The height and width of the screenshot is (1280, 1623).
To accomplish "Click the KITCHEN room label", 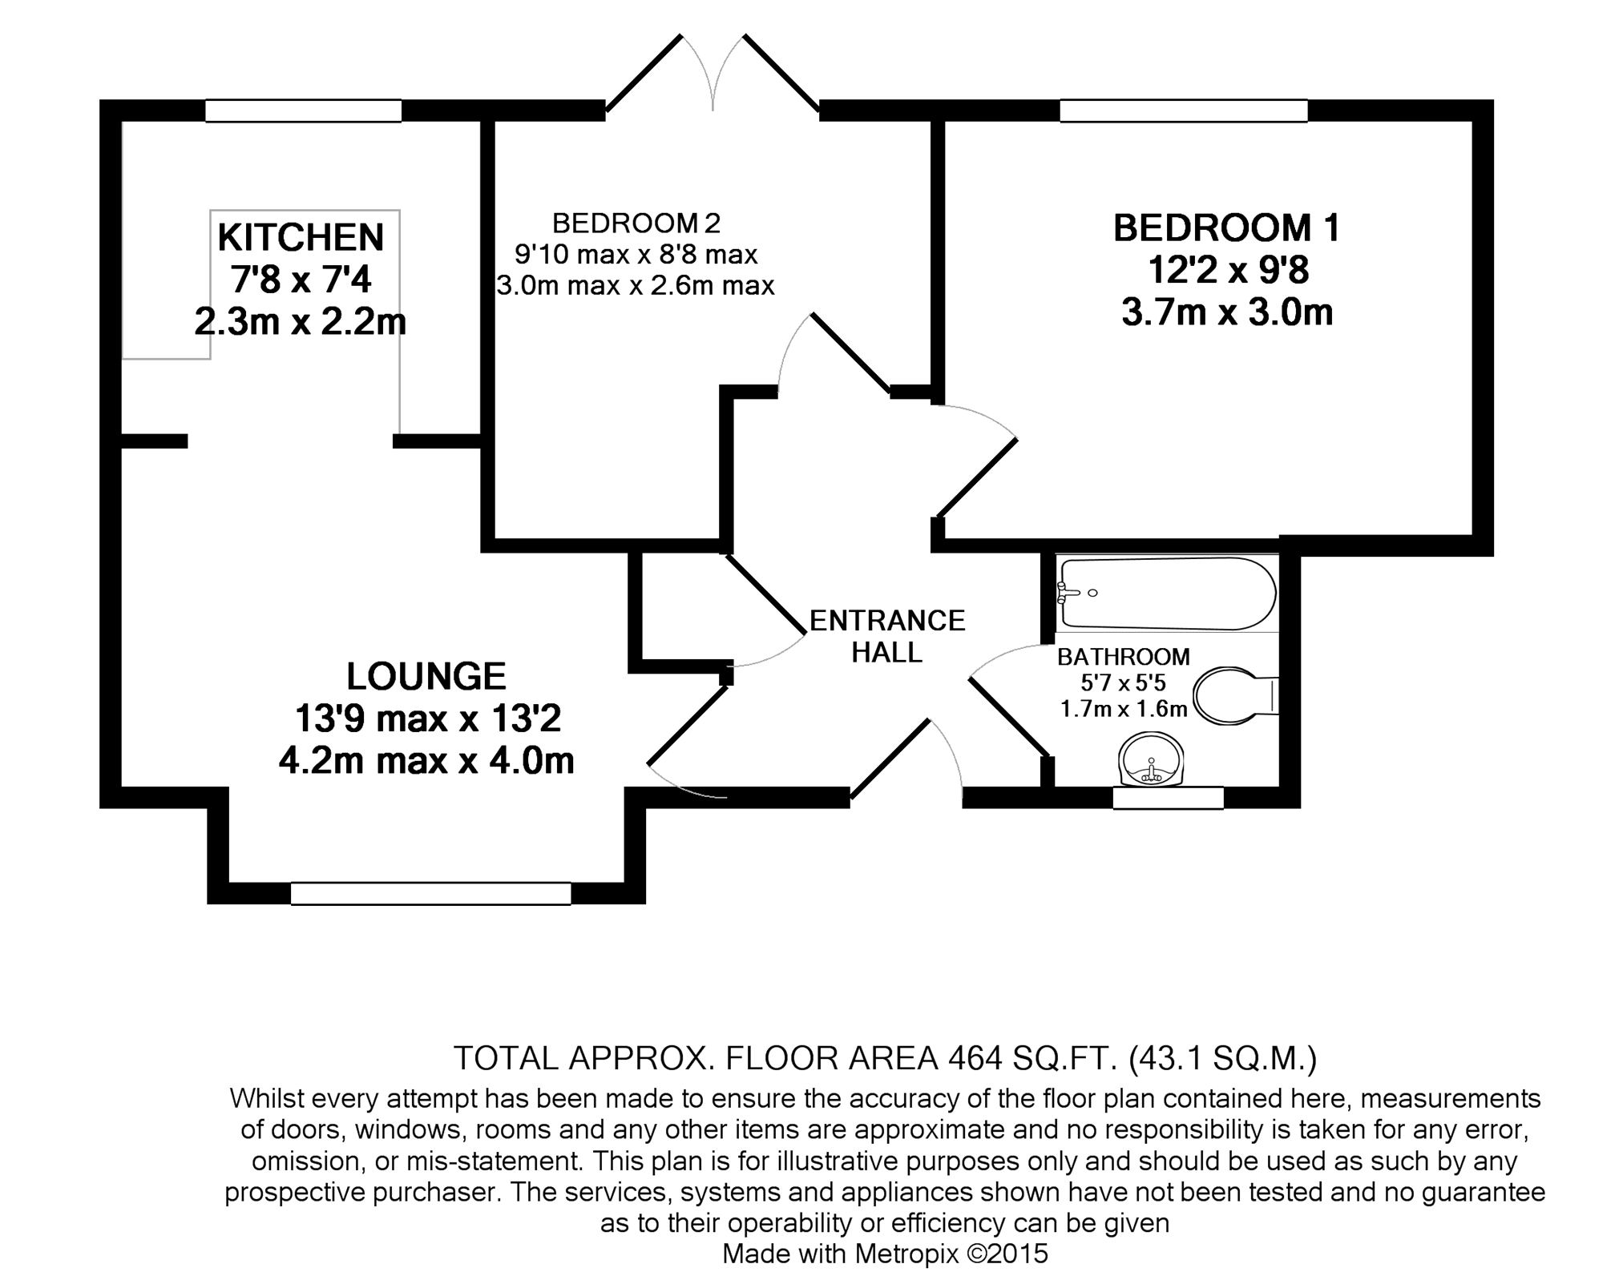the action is tap(301, 237).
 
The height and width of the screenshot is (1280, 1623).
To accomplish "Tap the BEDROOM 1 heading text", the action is tap(1226, 228).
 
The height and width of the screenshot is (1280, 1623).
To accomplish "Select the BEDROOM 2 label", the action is tap(636, 223).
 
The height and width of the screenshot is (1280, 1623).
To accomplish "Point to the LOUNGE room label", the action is tap(426, 677).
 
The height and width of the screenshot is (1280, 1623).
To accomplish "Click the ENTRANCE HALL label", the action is tap(887, 637).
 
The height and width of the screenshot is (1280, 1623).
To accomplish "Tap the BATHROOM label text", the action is tap(1124, 657).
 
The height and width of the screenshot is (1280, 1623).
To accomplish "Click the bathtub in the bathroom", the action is tap(1167, 594).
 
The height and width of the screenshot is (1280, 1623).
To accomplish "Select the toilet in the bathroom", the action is tap(1235, 696).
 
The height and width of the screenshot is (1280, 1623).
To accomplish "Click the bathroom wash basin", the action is tap(1151, 761).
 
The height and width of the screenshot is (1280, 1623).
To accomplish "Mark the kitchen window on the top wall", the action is tap(303, 111).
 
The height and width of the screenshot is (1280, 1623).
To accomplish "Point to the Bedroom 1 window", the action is tap(1183, 111).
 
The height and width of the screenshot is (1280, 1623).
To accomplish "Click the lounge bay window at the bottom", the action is tap(430, 893).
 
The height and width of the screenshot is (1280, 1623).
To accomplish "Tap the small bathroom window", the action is tap(1169, 798).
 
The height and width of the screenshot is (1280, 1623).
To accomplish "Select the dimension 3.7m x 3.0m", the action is tap(1227, 312).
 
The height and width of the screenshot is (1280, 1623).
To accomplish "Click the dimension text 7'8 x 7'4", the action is tap(301, 280).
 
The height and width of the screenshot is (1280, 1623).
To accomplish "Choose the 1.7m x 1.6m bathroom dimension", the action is tap(1124, 709).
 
